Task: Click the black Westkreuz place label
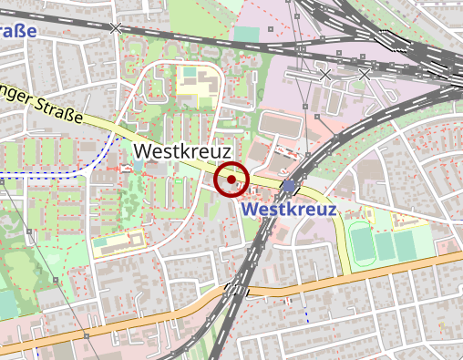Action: point(182,150)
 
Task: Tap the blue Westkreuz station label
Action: point(290,210)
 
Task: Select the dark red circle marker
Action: point(232,180)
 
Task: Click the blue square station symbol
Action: point(290,187)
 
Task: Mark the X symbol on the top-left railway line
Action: point(115,28)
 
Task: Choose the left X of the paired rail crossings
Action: point(325,73)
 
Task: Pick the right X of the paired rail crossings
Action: point(365,73)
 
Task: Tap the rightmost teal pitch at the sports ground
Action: point(421,242)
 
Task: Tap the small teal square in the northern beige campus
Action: point(190,72)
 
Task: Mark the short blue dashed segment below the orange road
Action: point(307,315)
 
